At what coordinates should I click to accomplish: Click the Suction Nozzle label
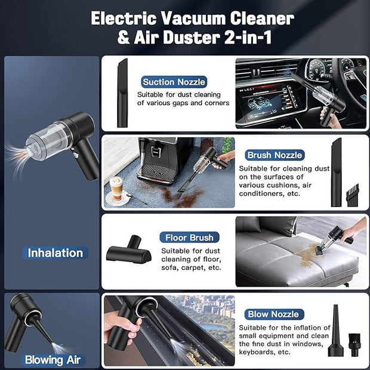(x=174, y=82)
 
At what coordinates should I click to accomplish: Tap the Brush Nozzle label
(x=275, y=155)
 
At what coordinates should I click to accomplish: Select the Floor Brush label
(x=189, y=238)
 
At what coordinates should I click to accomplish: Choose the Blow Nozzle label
(x=274, y=314)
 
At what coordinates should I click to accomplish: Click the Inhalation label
(x=55, y=252)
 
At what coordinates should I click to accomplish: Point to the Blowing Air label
(x=53, y=360)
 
